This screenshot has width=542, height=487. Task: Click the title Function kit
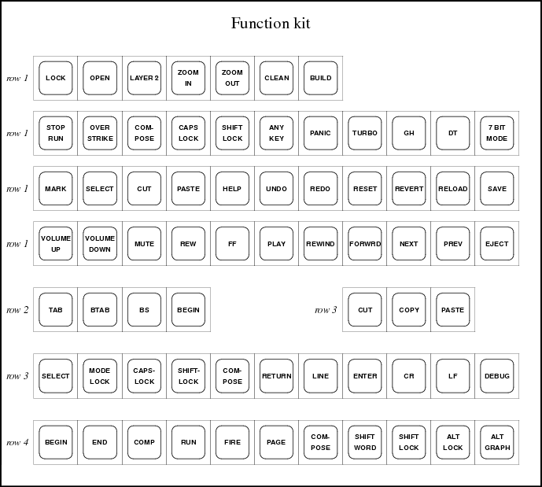pyautogui.click(x=271, y=24)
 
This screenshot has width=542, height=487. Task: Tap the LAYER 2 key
pyautogui.click(x=144, y=78)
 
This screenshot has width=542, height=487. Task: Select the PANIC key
pyautogui.click(x=320, y=133)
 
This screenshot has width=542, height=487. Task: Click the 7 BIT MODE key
pyautogui.click(x=496, y=133)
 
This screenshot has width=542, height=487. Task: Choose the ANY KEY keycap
pyautogui.click(x=277, y=133)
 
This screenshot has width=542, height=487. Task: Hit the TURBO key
pyautogui.click(x=365, y=133)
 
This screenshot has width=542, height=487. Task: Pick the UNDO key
pyautogui.click(x=277, y=189)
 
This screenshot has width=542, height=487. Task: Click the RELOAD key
pyautogui.click(x=453, y=189)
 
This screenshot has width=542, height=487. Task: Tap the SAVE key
pyautogui.click(x=496, y=189)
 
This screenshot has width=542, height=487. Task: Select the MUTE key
pyautogui.click(x=144, y=244)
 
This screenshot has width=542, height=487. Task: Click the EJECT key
pyautogui.click(x=496, y=244)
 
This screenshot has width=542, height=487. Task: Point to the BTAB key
pyautogui.click(x=100, y=310)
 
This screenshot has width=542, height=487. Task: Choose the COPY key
pyautogui.click(x=409, y=310)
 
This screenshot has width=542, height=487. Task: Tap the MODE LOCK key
pyautogui.click(x=100, y=376)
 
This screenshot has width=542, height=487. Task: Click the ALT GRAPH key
pyautogui.click(x=496, y=442)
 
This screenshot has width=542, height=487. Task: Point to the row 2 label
pyautogui.click(x=17, y=310)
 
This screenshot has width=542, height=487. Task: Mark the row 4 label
pyautogui.click(x=17, y=442)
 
